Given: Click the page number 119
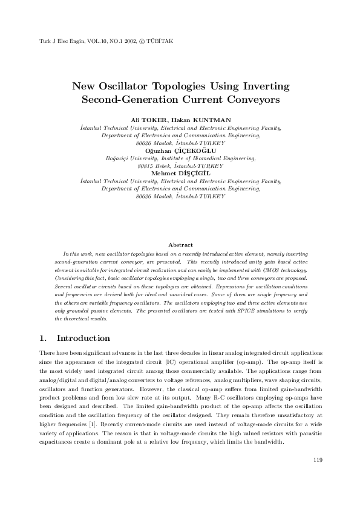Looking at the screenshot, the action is pyautogui.click(x=318, y=461).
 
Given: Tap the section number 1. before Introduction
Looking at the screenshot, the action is pyautogui.click(x=43, y=339).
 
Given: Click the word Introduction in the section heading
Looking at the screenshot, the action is pyautogui.click(x=83, y=339).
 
